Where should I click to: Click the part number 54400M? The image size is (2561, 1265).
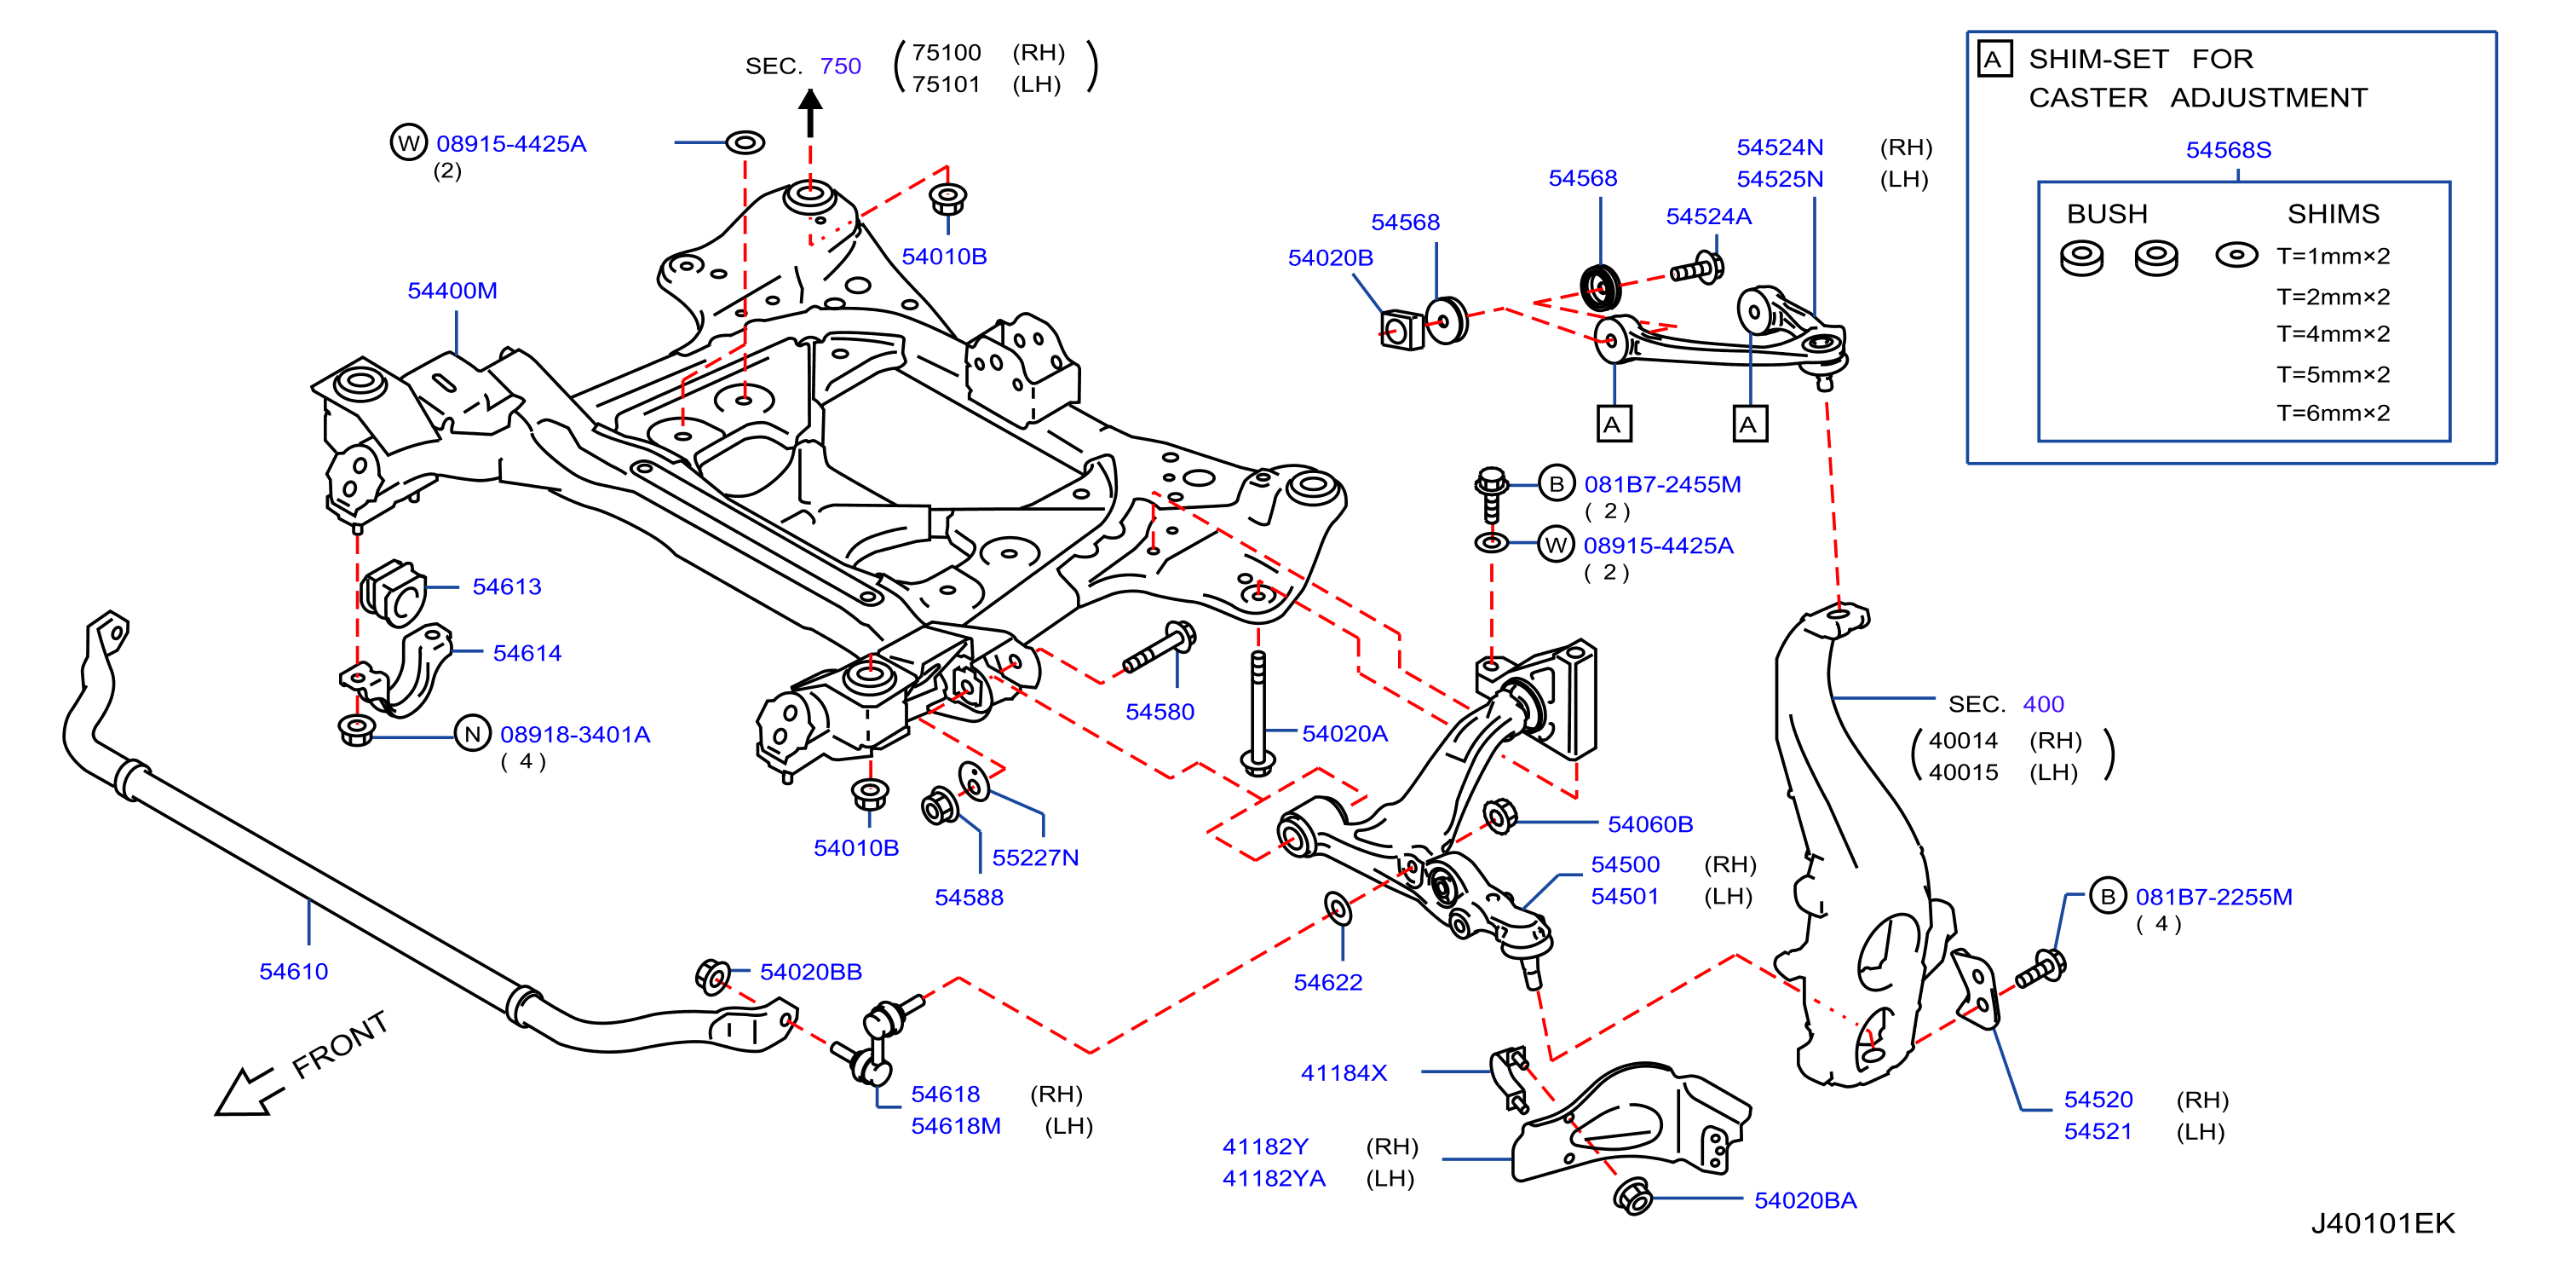452,291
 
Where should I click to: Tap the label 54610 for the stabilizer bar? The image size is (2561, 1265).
293,972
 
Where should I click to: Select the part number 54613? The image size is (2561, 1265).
506,586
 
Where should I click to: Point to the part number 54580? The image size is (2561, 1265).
1160,712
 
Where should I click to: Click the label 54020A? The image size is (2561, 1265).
1344,734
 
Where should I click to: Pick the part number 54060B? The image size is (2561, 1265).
1649,824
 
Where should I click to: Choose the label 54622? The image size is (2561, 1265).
1327,983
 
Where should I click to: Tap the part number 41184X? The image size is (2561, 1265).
1344,1073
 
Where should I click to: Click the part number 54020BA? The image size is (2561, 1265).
1804,1200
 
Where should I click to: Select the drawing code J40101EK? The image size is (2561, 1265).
2382,1223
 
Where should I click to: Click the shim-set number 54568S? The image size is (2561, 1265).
2228,150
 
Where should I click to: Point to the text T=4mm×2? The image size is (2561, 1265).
2333,334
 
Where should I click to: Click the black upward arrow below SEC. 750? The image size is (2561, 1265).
810,113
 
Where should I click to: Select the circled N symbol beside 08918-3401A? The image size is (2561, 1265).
473,734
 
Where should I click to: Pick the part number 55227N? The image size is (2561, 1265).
1035,858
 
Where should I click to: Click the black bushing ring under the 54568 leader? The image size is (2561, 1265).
1600,286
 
